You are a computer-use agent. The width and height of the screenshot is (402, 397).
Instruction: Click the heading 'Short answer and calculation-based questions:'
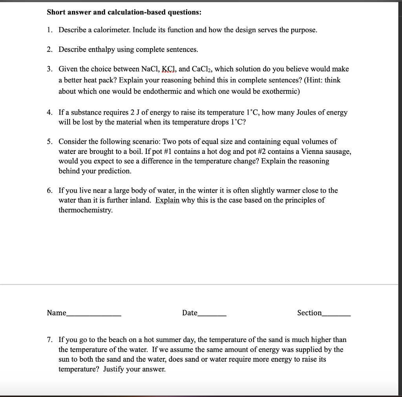[124, 12]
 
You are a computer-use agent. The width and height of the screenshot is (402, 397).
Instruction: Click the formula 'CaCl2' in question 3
[201, 69]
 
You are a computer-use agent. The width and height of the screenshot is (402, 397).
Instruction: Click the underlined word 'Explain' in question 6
[167, 200]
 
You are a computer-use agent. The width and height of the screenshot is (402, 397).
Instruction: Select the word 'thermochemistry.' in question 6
[85, 210]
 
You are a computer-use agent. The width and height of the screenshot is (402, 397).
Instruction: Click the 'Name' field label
[56, 313]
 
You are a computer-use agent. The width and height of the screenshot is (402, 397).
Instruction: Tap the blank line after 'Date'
[212, 314]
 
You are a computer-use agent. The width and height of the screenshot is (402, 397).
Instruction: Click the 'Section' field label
[309, 313]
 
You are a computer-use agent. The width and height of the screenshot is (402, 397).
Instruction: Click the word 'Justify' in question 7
[114, 369]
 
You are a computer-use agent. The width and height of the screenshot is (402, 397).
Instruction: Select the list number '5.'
[49, 141]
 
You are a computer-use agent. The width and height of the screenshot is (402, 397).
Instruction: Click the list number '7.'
[49, 340]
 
